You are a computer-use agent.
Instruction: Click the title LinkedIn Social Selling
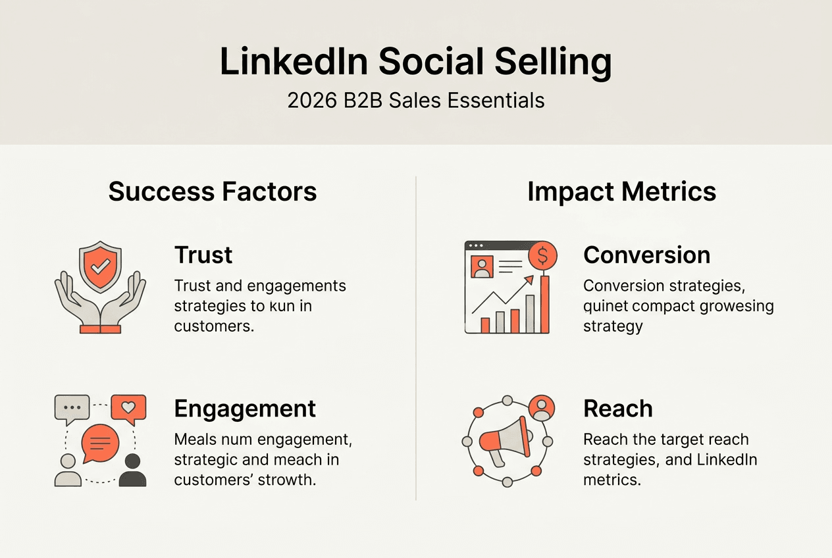pyautogui.click(x=415, y=61)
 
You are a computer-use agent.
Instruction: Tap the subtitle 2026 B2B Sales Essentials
pyautogui.click(x=415, y=101)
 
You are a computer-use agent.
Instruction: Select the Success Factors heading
pyautogui.click(x=213, y=191)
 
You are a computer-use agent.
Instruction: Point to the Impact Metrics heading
pyautogui.click(x=621, y=191)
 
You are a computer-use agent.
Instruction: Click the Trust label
pyautogui.click(x=203, y=255)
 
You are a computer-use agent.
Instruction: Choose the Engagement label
pyautogui.click(x=245, y=409)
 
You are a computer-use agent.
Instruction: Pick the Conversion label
pyautogui.click(x=646, y=255)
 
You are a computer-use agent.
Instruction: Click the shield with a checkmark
pyautogui.click(x=100, y=266)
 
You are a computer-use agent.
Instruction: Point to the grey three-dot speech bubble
pyautogui.click(x=71, y=409)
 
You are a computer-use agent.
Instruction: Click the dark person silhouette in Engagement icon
pyautogui.click(x=132, y=469)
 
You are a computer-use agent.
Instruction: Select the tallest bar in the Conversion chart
pyautogui.click(x=544, y=305)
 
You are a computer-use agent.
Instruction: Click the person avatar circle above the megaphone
pyautogui.click(x=541, y=408)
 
